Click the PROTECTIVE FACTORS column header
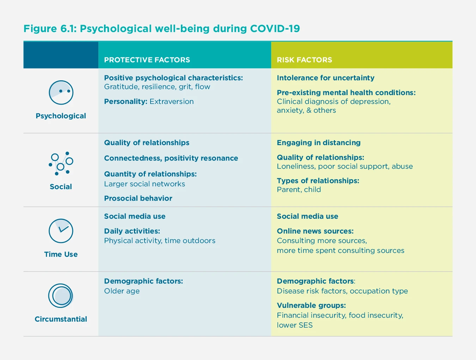click(147, 60)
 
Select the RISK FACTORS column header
click(304, 60)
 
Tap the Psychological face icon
click(61, 93)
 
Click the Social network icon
click(61, 163)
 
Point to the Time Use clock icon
click(61, 231)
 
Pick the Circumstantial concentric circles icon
click(61, 296)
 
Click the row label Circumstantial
click(61, 319)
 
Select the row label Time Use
click(61, 254)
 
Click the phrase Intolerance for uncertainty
click(325, 78)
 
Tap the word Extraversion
click(171, 101)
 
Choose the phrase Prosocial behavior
click(138, 198)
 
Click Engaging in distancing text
click(318, 143)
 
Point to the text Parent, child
click(299, 190)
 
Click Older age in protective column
click(122, 291)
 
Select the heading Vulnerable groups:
click(311, 305)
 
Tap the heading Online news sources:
click(315, 231)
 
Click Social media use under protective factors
click(134, 216)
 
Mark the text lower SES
click(294, 325)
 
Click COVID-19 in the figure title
click(275, 29)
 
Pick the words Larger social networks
click(144, 184)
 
